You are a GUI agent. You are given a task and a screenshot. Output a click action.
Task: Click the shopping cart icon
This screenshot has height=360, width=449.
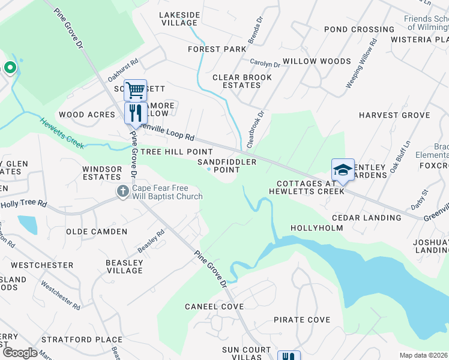click(x=136, y=91)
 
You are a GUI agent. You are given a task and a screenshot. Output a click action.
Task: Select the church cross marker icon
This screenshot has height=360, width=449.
click(x=122, y=192)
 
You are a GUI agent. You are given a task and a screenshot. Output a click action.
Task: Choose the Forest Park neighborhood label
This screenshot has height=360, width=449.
click(x=217, y=49)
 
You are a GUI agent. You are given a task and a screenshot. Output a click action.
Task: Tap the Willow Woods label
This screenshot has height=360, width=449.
click(x=316, y=61)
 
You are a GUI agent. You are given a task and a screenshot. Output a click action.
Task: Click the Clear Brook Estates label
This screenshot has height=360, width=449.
click(x=242, y=81)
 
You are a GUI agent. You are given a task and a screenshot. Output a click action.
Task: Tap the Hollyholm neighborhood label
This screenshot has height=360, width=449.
click(x=316, y=228)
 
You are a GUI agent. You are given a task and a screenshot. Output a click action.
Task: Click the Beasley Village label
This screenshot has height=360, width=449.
click(x=124, y=266)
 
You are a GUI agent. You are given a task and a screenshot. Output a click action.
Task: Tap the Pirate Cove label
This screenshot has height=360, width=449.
click(x=301, y=320)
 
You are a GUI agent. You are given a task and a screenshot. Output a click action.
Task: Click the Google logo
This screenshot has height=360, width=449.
click(x=20, y=353)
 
